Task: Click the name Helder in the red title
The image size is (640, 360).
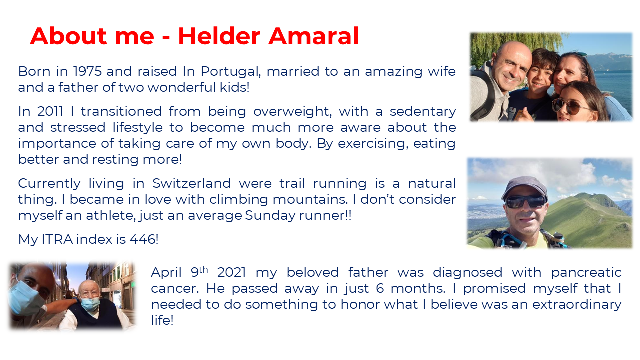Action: coord(219,36)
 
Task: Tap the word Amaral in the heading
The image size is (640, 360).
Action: coord(313,36)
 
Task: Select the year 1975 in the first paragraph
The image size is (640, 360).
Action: coord(87,71)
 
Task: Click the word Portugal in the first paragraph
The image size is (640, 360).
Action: coord(231,72)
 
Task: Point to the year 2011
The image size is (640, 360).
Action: coord(50,111)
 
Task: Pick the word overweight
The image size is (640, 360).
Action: coord(293,112)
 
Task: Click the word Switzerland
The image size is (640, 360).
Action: coord(191,183)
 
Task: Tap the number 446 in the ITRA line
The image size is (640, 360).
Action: coord(142,239)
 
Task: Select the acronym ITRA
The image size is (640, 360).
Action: coord(57,239)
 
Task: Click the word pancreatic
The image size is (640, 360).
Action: coord(586,273)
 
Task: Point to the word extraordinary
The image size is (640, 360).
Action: coord(577,305)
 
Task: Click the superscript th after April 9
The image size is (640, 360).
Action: coord(203,269)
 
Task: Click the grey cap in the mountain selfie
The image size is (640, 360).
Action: coord(524,186)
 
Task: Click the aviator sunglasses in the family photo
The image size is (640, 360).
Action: coord(568,107)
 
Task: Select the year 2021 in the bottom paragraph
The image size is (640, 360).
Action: coord(231,273)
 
